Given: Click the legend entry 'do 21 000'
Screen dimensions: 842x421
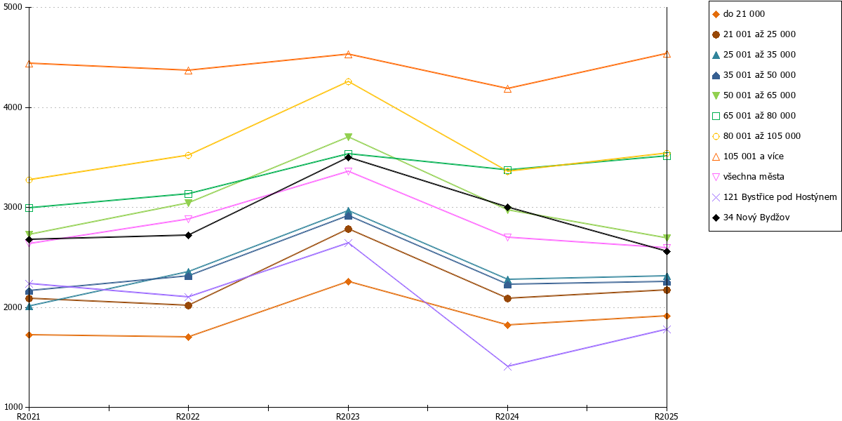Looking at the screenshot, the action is (738, 14).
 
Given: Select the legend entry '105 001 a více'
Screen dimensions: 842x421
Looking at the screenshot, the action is (748, 156).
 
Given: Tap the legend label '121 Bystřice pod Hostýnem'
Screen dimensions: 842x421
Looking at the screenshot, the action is (775, 197).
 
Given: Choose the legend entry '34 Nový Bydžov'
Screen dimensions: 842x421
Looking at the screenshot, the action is (751, 218).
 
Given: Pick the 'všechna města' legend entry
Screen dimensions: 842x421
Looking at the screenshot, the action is (748, 177).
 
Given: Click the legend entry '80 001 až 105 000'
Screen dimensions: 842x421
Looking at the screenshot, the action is (756, 136).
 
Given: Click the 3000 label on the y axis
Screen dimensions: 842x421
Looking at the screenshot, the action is (13, 207).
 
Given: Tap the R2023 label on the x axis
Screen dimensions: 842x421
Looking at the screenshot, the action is (348, 416).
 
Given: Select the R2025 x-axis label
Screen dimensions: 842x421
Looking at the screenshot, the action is (667, 416).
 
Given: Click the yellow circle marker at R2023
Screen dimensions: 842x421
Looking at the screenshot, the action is (348, 82).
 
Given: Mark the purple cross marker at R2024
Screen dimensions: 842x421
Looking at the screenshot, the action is (507, 366).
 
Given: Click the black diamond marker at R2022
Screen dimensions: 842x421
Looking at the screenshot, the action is (189, 235).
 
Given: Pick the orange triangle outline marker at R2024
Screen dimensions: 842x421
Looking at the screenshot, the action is (507, 88).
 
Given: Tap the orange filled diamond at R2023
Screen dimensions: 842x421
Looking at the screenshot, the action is (348, 281).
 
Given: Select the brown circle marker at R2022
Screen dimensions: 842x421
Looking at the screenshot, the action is (189, 306).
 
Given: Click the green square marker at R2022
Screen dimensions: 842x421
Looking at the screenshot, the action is (189, 194).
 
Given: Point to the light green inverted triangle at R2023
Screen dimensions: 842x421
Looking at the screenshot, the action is (348, 137).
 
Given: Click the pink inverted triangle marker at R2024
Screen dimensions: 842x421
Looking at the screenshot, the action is (507, 237).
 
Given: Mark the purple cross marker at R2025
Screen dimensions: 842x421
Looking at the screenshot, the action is (667, 330).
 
